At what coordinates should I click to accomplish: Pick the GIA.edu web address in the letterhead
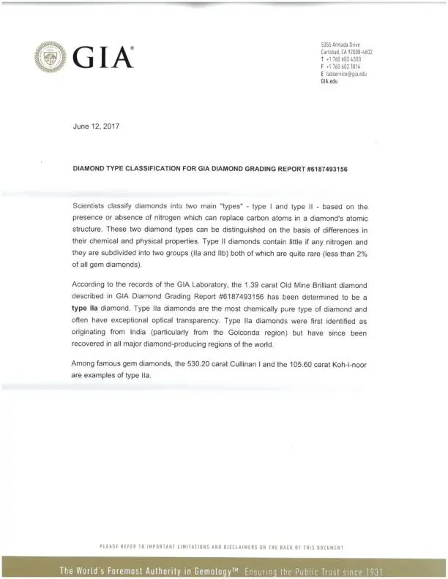pos(329,80)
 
